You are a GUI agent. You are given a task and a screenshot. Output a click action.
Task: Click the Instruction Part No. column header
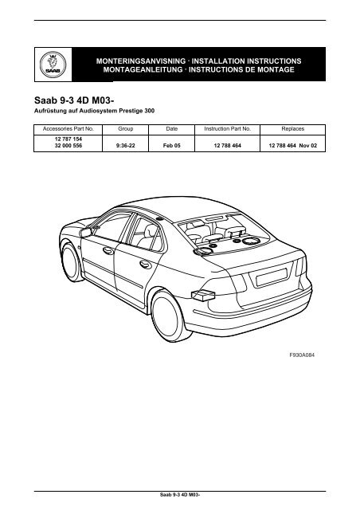coord(228,127)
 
